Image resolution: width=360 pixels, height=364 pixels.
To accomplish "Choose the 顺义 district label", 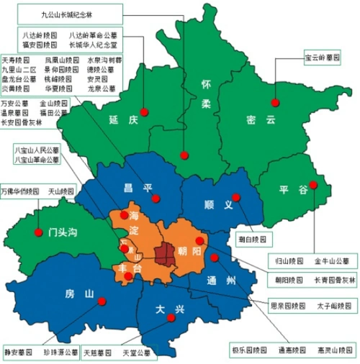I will tap(219, 205).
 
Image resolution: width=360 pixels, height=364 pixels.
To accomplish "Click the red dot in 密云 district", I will tap(275, 102).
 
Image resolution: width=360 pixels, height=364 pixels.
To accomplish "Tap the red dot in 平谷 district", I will tap(313, 184).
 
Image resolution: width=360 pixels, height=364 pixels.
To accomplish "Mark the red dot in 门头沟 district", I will tap(37, 232).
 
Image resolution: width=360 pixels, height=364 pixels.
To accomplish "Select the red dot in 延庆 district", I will tap(144, 112).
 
